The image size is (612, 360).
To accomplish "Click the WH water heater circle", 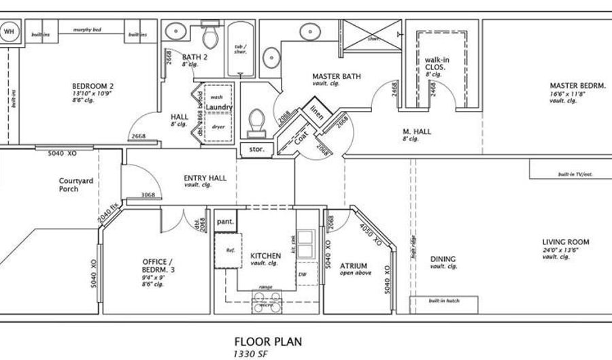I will pyautogui.click(x=10, y=31).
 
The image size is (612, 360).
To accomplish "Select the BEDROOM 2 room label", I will pyautogui.click(x=92, y=86).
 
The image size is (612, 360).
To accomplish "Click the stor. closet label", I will pyautogui.click(x=256, y=148).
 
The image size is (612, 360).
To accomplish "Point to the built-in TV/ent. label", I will pyautogui.click(x=575, y=174).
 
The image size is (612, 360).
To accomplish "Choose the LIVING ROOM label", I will pyautogui.click(x=565, y=242).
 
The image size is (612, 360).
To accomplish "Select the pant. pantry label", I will pyautogui.click(x=225, y=222).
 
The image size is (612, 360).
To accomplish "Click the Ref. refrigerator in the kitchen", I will pyautogui.click(x=229, y=251).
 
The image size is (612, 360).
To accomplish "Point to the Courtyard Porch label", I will pyautogui.click(x=68, y=184).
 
